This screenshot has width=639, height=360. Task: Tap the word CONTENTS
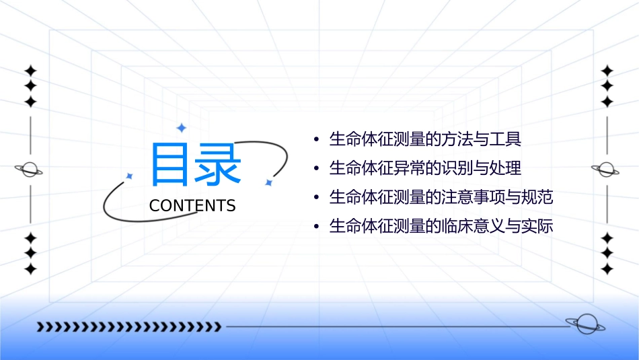point(192,206)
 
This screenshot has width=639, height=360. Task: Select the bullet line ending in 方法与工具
point(425,140)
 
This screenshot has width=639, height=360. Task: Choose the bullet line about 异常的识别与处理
point(425,168)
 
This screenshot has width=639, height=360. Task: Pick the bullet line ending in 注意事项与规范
point(441,198)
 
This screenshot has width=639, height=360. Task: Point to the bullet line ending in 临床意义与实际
point(441,227)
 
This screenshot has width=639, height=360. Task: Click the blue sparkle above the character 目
point(180,127)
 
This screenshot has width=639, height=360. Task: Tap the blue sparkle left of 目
point(130,176)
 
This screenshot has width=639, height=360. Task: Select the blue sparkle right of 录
point(268,182)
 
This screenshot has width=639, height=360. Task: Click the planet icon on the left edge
point(30,170)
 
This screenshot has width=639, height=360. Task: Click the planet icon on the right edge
point(607,170)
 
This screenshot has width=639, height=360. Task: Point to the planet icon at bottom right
point(585,325)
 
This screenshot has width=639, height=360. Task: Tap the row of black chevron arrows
point(128,327)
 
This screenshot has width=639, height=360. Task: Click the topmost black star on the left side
point(30,71)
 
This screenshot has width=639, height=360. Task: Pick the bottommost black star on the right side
point(607,268)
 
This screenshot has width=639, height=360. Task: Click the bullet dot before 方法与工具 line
point(316,141)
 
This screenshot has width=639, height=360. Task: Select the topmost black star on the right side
point(607,71)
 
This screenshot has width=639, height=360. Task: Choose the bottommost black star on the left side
point(30,268)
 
